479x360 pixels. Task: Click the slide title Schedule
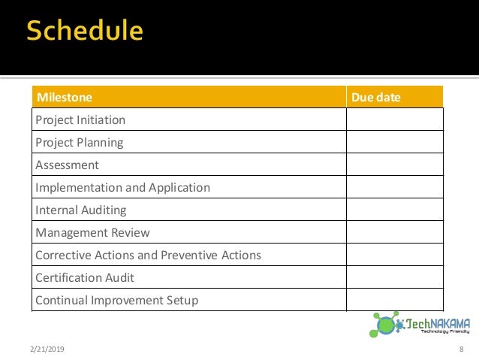(85, 31)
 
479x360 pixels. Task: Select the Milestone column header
(65, 97)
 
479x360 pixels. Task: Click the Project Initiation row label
(80, 119)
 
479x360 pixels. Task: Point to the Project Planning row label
(80, 142)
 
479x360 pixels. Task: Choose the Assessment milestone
(67, 165)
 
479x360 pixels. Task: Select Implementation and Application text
(122, 187)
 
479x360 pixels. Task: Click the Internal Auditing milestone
(81, 210)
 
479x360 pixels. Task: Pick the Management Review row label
(92, 232)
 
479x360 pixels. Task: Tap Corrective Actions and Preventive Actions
(148, 255)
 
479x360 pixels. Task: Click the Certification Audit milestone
(85, 277)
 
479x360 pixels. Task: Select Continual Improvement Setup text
(116, 300)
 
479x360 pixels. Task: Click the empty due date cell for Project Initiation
(394, 119)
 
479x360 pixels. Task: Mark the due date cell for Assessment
(394, 165)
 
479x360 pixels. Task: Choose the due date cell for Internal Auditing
(394, 210)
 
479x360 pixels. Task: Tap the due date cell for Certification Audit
(394, 277)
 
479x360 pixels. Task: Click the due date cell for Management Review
(394, 232)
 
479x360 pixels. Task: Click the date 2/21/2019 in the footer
(47, 350)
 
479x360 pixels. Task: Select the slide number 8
(460, 350)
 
